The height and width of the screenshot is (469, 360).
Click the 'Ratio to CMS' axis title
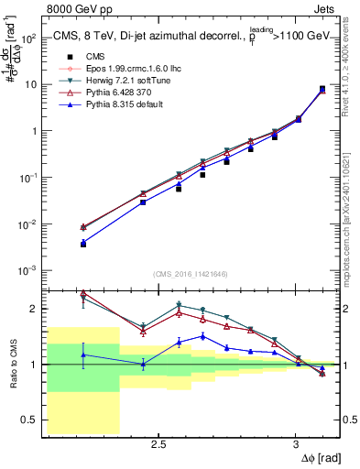(x=12, y=365)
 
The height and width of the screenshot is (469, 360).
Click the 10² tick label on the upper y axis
(x=29, y=38)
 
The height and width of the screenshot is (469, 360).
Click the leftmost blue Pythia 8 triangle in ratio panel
(x=83, y=354)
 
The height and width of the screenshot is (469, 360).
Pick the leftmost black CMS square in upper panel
(x=83, y=245)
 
